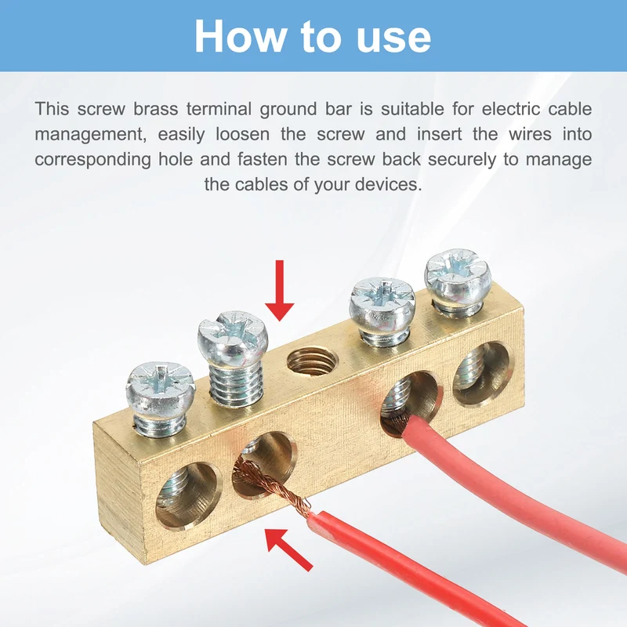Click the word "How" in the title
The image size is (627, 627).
239,36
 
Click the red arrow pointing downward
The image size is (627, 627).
280,290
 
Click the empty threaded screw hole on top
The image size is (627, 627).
312,361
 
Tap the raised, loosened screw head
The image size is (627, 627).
232,336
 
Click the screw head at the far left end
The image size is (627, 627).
161,387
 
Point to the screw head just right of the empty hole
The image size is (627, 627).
382,305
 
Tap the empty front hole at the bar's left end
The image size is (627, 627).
187,495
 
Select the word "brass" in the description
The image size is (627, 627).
156,109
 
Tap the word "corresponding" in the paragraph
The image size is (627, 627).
93,161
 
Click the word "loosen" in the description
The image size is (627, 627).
243,134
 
